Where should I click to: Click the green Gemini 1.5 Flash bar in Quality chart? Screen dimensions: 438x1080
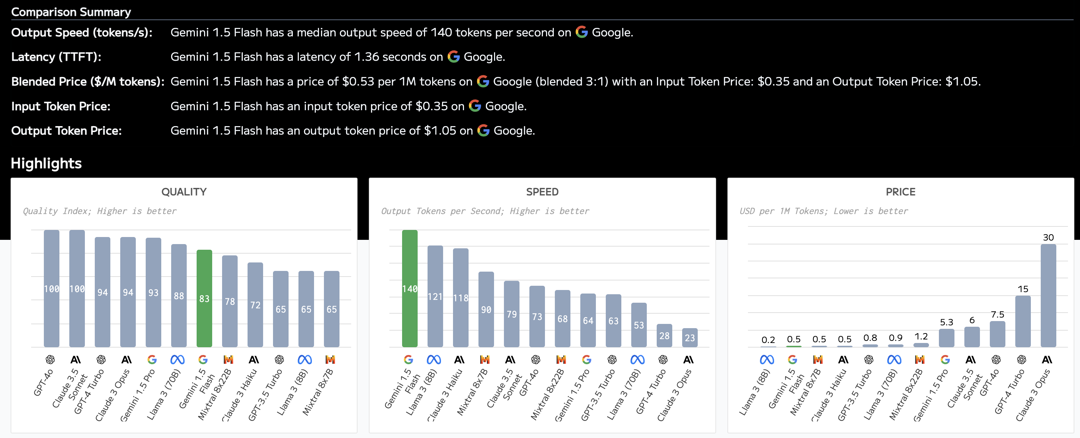pos(204,298)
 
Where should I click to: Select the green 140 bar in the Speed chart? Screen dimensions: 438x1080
pos(410,289)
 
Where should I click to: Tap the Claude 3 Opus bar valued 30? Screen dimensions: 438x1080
pos(1048,295)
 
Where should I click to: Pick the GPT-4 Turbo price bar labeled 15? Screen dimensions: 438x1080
pos(1023,321)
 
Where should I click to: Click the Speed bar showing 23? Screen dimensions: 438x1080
pos(690,337)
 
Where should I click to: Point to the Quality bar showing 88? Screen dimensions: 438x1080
pos(179,296)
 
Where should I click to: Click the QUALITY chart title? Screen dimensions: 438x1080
pos(184,192)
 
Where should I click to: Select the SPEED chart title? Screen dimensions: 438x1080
pos(542,192)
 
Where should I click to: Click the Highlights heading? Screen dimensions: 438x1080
pos(46,163)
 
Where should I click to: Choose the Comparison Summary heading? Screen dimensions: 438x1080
pos(71,12)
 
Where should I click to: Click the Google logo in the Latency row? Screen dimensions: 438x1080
pos(454,57)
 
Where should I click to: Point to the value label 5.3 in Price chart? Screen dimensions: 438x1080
pos(946,322)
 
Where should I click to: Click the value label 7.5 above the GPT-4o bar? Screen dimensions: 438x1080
pos(997,314)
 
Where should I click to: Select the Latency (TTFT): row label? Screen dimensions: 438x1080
pos(56,57)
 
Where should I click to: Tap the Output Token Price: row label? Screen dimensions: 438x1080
pos(66,131)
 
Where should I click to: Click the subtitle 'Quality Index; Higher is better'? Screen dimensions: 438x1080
pos(99,211)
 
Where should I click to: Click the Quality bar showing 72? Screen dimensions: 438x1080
pos(255,304)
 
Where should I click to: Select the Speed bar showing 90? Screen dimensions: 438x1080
pos(486,309)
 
